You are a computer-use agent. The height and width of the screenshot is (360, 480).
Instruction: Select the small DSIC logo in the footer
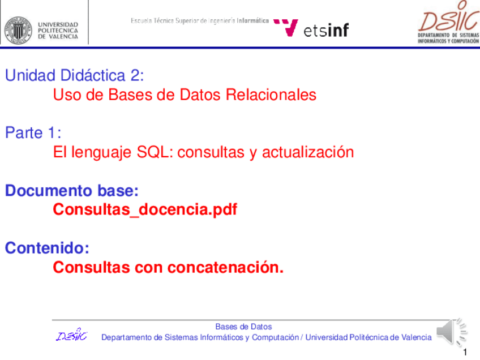(x=72, y=336)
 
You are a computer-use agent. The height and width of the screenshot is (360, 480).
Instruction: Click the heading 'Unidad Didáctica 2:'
(x=75, y=75)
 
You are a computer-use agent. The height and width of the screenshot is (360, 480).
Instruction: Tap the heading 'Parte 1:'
(x=33, y=133)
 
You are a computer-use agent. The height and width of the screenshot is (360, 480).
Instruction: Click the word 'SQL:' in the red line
(x=156, y=152)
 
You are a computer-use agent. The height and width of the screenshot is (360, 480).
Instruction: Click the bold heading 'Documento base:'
(x=72, y=191)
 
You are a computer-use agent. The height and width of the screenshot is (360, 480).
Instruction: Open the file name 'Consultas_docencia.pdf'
(x=145, y=210)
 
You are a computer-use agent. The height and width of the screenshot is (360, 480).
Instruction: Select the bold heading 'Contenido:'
(x=48, y=248)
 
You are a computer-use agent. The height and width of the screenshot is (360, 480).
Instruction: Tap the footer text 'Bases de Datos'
(x=243, y=327)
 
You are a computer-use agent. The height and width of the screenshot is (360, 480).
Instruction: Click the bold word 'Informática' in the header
(x=252, y=21)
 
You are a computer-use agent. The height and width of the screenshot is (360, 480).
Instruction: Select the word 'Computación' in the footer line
(x=275, y=337)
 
